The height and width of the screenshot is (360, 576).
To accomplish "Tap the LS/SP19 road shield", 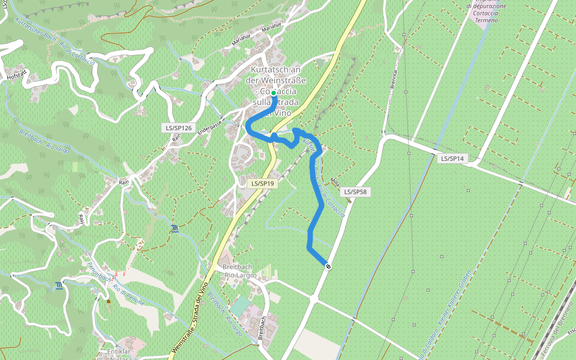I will pyautogui.click(x=263, y=184).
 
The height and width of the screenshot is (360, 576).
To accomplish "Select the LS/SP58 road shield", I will pyautogui.click(x=356, y=192).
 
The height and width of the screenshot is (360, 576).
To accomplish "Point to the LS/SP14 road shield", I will pyautogui.click(x=453, y=158).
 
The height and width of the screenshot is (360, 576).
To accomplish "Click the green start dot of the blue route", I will pyautogui.click(x=274, y=93).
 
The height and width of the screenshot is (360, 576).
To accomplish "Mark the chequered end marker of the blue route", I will pyautogui.click(x=328, y=266).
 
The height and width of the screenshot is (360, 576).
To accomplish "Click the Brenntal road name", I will pyautogui.click(x=394, y=75).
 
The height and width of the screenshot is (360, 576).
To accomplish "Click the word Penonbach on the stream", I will pyautogui.click(x=97, y=272).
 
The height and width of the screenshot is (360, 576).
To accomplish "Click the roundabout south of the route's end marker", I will pyautogui.click(x=314, y=298).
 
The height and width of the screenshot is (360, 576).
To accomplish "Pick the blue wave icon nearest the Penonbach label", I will pyautogui.click(x=58, y=285).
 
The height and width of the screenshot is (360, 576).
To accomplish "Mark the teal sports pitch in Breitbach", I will pyautogui.click(x=240, y=306).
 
